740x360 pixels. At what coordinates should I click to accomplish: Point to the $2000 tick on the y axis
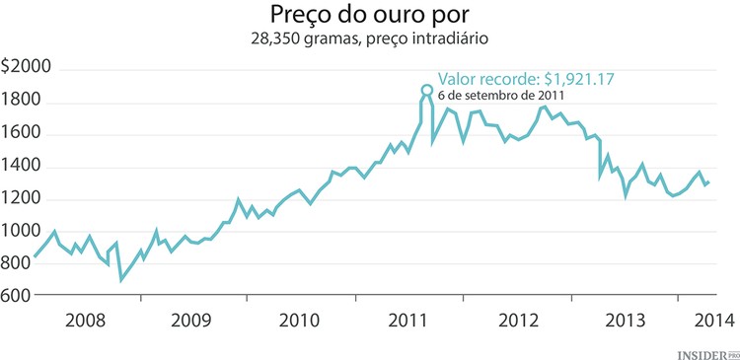(x=27, y=68)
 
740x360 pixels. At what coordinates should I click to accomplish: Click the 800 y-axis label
(x=16, y=263)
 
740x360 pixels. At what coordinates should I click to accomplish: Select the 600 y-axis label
(x=16, y=296)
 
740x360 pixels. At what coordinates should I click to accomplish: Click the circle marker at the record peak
(x=426, y=90)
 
